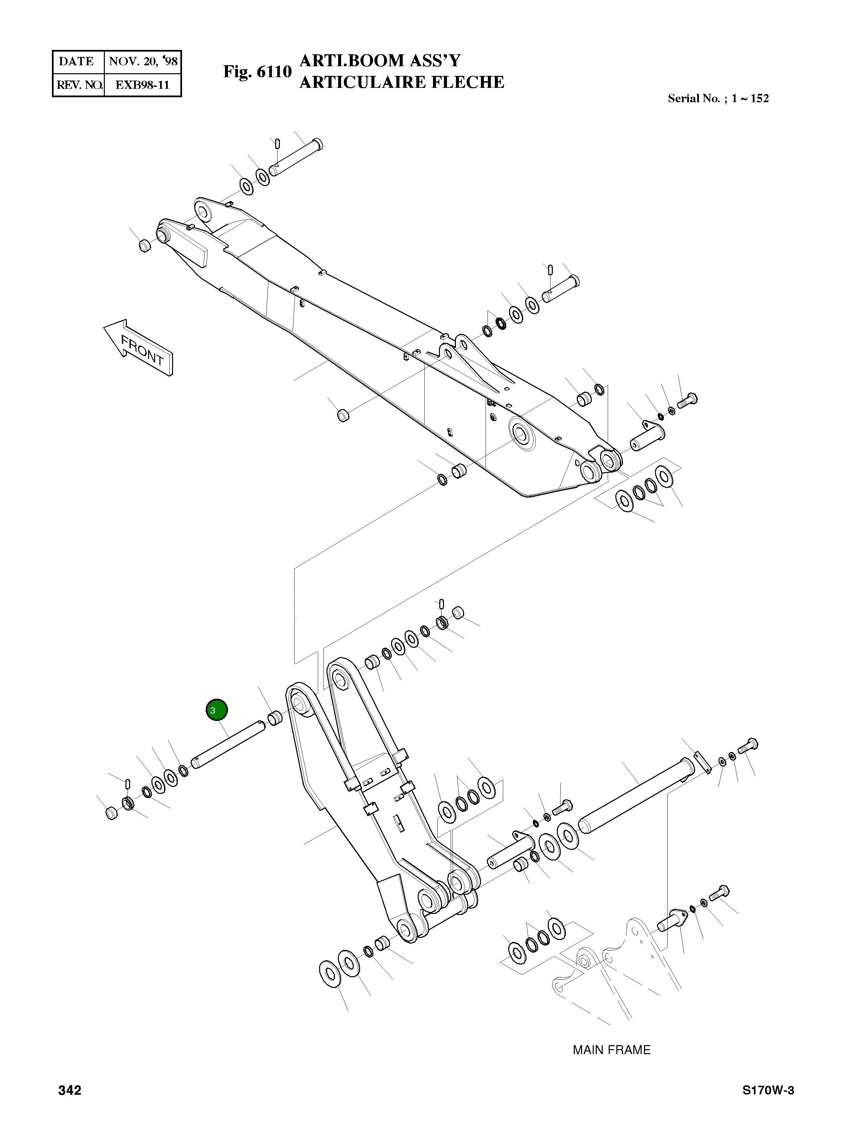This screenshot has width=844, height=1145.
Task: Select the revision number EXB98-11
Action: (142, 85)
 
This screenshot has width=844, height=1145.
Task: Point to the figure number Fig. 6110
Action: (257, 72)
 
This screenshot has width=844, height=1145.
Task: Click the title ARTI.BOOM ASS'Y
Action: (380, 61)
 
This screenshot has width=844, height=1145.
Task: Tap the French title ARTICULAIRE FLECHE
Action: (402, 82)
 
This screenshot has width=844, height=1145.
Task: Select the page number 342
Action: (70, 1090)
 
